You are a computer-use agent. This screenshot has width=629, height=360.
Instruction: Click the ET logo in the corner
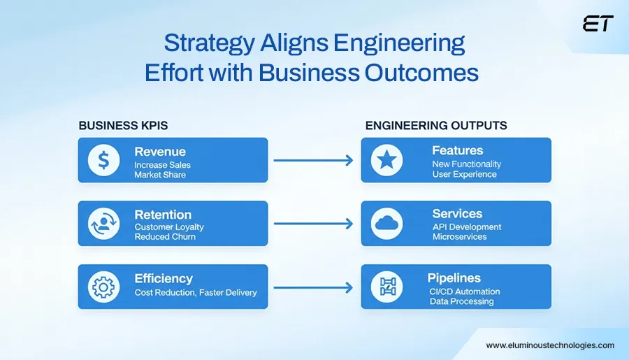(598, 24)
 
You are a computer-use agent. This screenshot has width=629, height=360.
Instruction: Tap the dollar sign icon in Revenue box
(103, 160)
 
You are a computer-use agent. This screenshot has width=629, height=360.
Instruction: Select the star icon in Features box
(387, 160)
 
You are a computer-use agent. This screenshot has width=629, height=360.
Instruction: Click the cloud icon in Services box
(387, 224)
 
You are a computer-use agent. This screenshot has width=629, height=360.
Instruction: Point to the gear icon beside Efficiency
(103, 287)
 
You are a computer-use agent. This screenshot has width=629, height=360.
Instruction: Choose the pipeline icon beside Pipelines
(387, 287)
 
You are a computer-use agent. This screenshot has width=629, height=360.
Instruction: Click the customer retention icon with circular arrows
(103, 224)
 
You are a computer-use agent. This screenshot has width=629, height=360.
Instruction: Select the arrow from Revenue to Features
(313, 160)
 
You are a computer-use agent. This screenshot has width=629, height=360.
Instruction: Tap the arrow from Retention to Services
(313, 224)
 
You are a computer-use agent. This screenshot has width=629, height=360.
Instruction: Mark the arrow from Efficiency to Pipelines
(313, 287)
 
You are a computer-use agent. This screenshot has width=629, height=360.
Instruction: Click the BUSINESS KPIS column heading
(123, 126)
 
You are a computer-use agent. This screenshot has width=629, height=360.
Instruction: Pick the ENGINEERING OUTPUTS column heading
(436, 126)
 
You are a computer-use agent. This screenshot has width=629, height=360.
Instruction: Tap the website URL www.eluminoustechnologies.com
(550, 345)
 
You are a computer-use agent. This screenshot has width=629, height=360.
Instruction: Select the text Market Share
(160, 175)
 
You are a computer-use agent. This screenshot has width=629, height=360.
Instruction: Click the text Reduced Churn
(165, 237)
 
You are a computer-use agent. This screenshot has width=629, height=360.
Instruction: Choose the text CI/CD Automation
(465, 291)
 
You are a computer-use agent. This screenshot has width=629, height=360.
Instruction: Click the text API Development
(467, 227)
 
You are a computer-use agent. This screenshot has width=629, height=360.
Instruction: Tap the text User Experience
(464, 174)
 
